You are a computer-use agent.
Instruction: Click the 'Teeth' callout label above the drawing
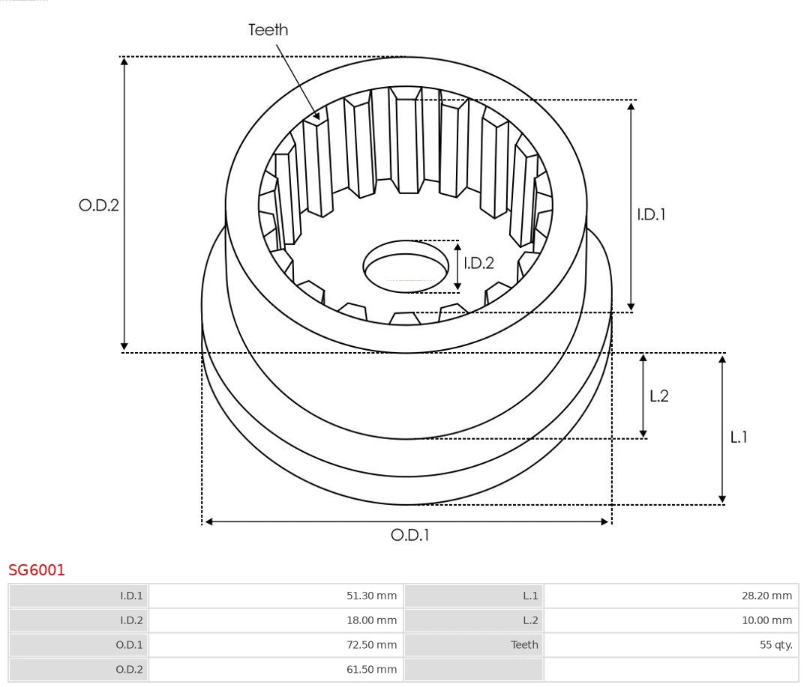pyautogui.click(x=268, y=30)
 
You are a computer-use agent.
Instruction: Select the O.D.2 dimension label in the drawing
pyautogui.click(x=99, y=205)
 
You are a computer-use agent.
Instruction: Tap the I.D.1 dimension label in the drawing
pyautogui.click(x=651, y=214)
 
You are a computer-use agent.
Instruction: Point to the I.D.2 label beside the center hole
pyautogui.click(x=478, y=263)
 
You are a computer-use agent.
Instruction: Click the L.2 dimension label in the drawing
pyautogui.click(x=658, y=396)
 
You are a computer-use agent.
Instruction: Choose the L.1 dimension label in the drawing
pyautogui.click(x=739, y=437)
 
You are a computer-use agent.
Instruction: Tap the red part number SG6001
pyautogui.click(x=37, y=570)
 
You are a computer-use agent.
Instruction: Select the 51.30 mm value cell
pyautogui.click(x=276, y=596)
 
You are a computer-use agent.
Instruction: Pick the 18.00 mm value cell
pyautogui.click(x=276, y=620)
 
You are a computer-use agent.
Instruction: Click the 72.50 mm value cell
pyautogui.click(x=276, y=644)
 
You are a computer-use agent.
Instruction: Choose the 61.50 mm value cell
pyautogui.click(x=276, y=669)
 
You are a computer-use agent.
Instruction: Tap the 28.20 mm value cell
pyautogui.click(x=670, y=596)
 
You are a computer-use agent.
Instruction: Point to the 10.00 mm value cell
pyautogui.click(x=670, y=620)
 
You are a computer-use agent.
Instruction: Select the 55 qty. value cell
pyautogui.click(x=670, y=644)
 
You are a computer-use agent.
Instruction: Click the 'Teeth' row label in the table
pyautogui.click(x=524, y=644)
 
